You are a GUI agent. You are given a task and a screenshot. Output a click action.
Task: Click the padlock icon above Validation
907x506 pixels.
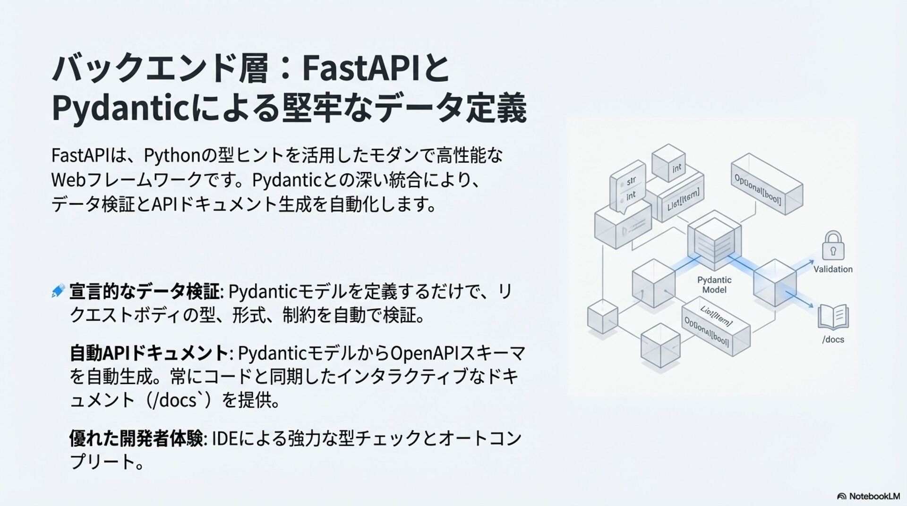tap(833, 245)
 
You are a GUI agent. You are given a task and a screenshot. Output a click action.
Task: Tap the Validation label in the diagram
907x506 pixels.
tap(833, 270)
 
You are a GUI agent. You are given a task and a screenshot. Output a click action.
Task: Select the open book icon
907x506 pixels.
tap(833, 317)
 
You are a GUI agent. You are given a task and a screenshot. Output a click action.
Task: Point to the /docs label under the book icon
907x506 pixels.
tap(833, 339)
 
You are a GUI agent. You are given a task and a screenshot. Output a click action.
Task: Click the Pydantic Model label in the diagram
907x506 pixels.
tap(714, 285)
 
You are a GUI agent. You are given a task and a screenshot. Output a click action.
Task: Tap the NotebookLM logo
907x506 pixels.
tap(868, 496)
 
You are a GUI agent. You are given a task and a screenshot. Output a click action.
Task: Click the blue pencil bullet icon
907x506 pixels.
tap(58, 291)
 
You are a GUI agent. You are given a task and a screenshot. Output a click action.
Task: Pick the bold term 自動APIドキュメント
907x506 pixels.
tap(149, 353)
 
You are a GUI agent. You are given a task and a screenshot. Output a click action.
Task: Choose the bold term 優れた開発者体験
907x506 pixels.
tap(136, 438)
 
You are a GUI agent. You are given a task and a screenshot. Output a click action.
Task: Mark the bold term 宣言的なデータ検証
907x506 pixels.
tap(144, 291)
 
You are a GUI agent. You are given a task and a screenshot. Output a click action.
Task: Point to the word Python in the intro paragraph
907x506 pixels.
tap(170, 155)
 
